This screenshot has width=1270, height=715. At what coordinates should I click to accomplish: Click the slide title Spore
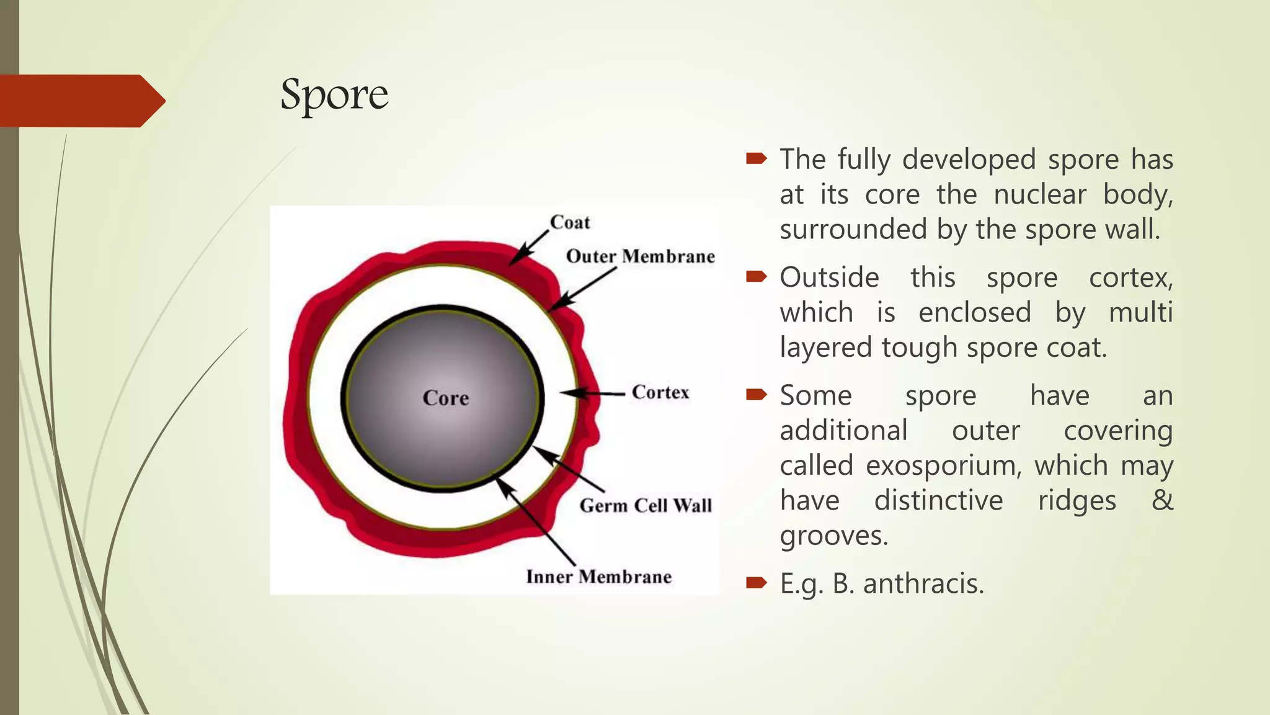tap(334, 95)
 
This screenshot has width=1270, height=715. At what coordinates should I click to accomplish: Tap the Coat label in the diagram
tap(570, 222)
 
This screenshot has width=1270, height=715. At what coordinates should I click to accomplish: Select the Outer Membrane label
tap(640, 256)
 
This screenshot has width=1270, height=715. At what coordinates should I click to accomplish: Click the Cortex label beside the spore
tap(660, 392)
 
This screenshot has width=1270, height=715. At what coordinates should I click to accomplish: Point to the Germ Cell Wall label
tap(646, 505)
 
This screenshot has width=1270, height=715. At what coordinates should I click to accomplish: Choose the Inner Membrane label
tap(598, 577)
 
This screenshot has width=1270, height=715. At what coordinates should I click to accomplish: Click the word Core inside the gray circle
tap(445, 398)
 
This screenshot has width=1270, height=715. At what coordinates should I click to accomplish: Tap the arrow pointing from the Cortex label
tap(592, 393)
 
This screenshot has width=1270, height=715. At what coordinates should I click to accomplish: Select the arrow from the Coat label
tap(530, 247)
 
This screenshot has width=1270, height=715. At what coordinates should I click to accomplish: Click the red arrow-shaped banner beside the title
tap(81, 101)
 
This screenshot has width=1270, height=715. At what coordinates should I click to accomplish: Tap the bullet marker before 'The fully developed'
tap(757, 159)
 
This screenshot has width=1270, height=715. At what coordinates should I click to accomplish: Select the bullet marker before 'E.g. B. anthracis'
tap(757, 582)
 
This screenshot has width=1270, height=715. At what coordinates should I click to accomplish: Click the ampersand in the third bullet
tap(1162, 500)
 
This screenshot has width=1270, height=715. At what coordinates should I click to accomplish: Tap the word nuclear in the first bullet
tap(1040, 195)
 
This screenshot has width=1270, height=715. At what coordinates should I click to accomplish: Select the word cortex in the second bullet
tap(1130, 277)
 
